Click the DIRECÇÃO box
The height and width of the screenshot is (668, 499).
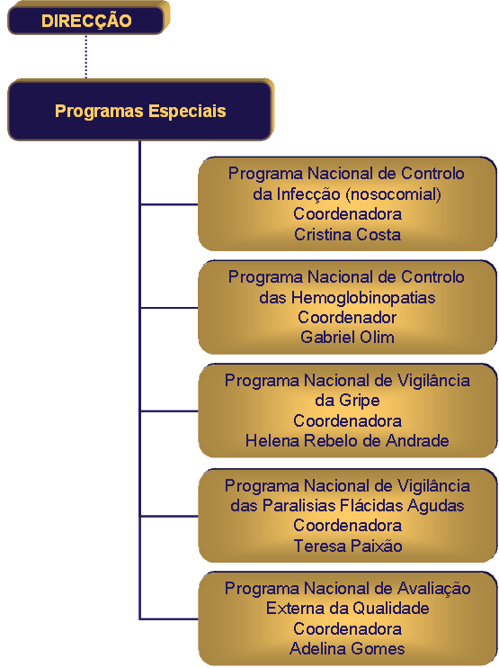[86, 21]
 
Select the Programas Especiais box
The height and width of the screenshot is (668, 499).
[139, 111]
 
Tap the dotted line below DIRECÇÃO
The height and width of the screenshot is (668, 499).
[86, 57]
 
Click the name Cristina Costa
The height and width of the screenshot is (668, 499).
[347, 234]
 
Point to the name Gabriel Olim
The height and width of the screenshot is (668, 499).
[347, 337]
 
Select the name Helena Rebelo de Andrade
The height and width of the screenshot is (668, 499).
[347, 440]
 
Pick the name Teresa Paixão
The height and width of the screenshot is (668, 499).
[348, 546]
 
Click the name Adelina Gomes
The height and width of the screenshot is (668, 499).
[347, 648]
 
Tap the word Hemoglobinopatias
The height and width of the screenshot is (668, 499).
[362, 298]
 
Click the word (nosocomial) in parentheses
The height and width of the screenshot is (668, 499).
[394, 194]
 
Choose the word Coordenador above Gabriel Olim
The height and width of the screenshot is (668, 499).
[347, 318]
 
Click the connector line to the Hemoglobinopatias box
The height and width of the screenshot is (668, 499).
[169, 308]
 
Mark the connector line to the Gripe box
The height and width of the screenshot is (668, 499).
[169, 411]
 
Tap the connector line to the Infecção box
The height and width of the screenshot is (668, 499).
[169, 204]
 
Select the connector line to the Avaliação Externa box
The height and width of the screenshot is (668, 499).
[169, 618]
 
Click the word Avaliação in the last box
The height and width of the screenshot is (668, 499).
[434, 589]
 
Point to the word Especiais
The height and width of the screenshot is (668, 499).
[187, 112]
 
